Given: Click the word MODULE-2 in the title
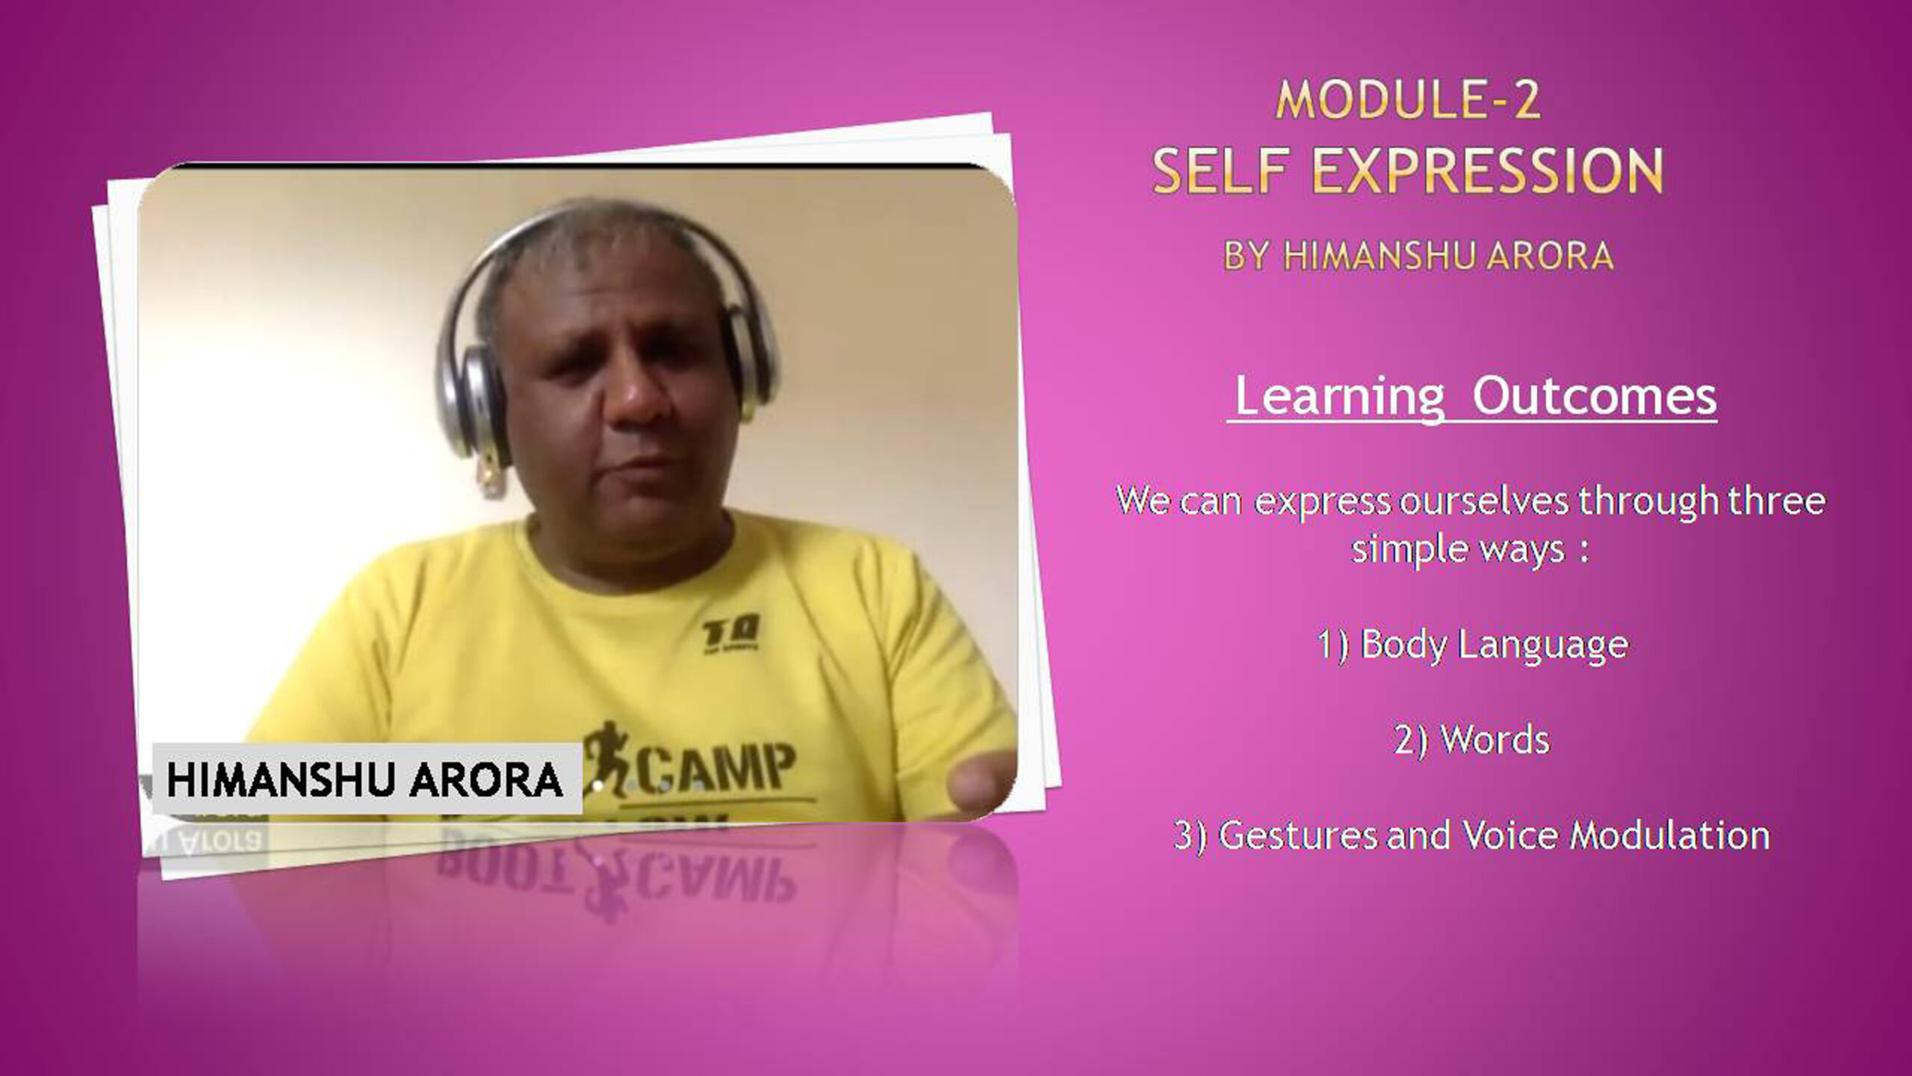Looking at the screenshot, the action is click(x=1408, y=99).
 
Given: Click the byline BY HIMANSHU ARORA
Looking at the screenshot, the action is click(x=1418, y=256).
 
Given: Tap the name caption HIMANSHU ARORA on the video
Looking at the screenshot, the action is click(x=364, y=779).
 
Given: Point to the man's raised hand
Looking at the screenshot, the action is click(x=981, y=789).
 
